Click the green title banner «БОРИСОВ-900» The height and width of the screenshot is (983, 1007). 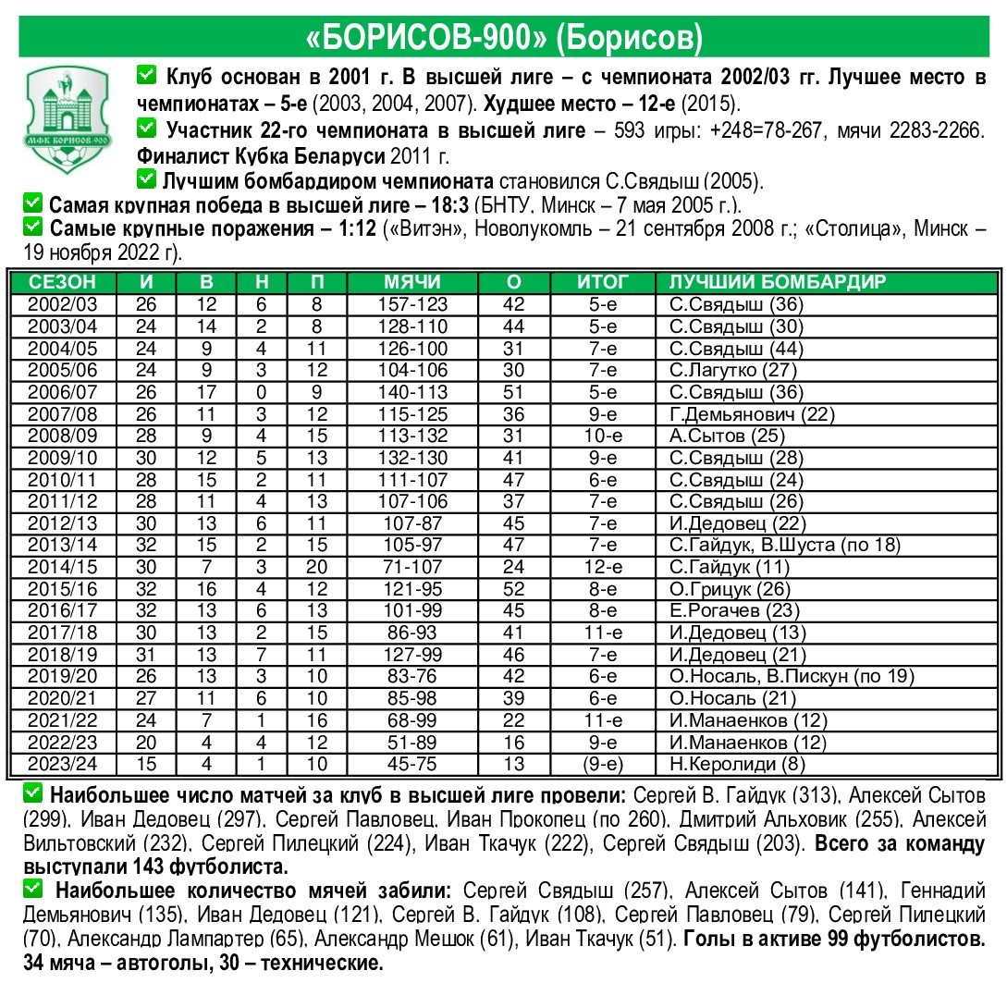click(x=503, y=37)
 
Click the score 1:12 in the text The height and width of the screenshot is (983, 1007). click(x=358, y=228)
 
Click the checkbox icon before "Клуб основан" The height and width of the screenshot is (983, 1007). click(x=146, y=74)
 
